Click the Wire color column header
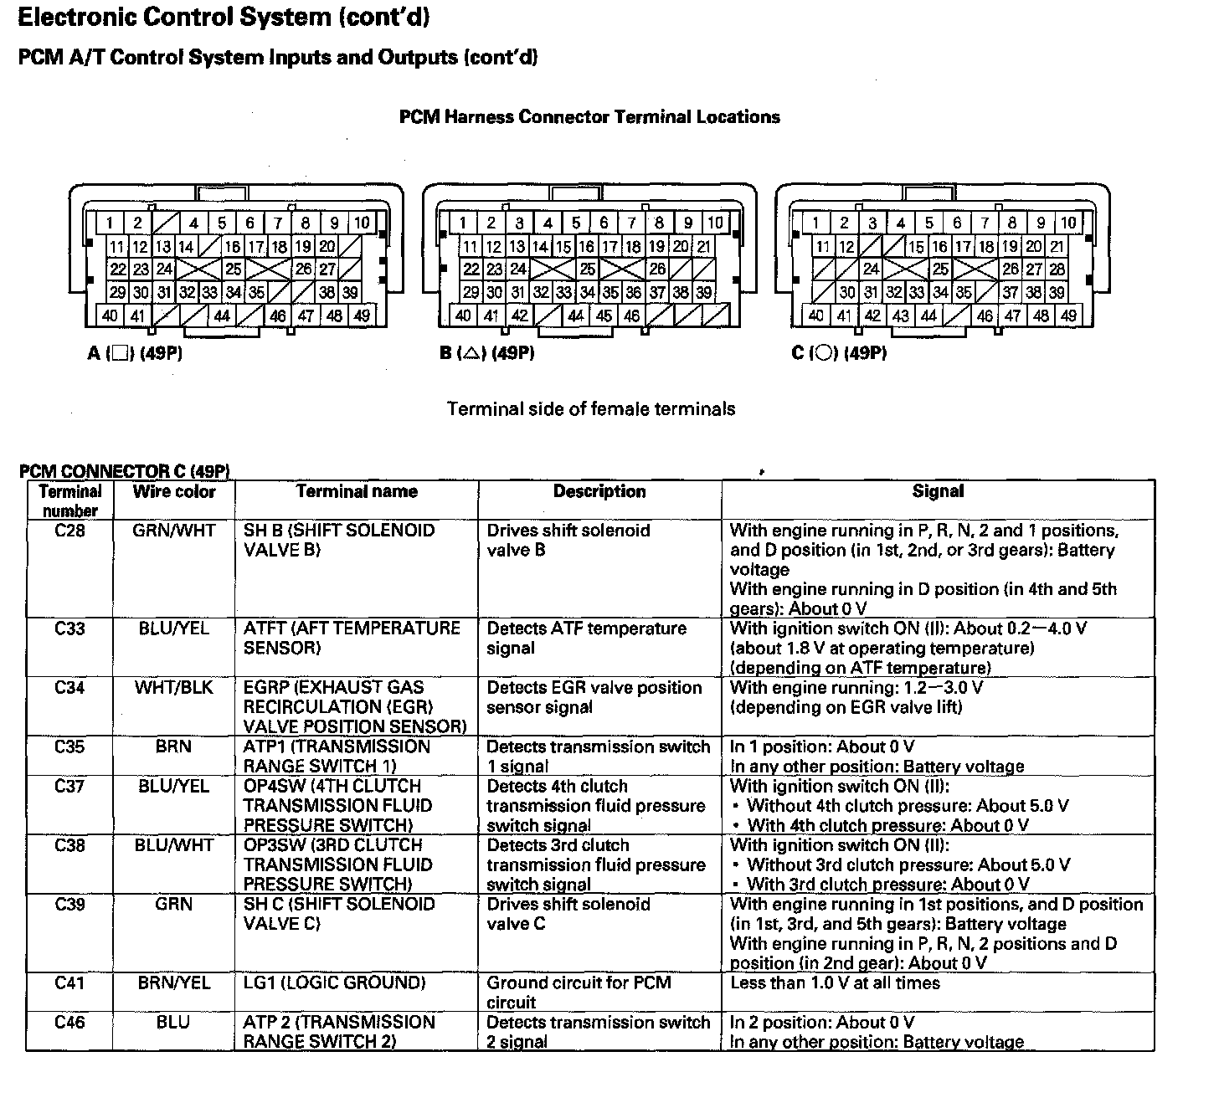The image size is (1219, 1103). pyautogui.click(x=174, y=492)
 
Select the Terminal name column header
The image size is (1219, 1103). pyautogui.click(x=357, y=492)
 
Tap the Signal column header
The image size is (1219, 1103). pyautogui.click(x=938, y=492)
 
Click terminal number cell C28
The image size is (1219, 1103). pyautogui.click(x=69, y=531)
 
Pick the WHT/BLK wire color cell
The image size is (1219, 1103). pyautogui.click(x=174, y=688)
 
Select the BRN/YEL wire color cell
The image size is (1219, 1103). pyautogui.click(x=174, y=983)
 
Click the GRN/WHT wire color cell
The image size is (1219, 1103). pyautogui.click(x=174, y=531)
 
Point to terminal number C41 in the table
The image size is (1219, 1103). pyautogui.click(x=69, y=983)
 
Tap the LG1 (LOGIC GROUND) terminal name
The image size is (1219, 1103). pyautogui.click(x=335, y=983)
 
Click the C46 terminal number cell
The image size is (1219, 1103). pyautogui.click(x=69, y=1023)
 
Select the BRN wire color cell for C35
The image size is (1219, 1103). pyautogui.click(x=173, y=747)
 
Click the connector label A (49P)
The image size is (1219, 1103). pyautogui.click(x=135, y=353)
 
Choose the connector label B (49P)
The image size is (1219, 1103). pyautogui.click(x=487, y=353)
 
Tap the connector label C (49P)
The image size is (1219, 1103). pyautogui.click(x=839, y=353)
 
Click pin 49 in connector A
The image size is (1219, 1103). pyautogui.click(x=362, y=316)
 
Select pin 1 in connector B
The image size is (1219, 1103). pyautogui.click(x=463, y=223)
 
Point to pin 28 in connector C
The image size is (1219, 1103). pyautogui.click(x=1057, y=269)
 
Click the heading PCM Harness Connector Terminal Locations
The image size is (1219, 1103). pyautogui.click(x=589, y=117)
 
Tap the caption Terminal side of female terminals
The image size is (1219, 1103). pyautogui.click(x=591, y=409)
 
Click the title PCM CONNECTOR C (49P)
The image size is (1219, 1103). pyautogui.click(x=125, y=472)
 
